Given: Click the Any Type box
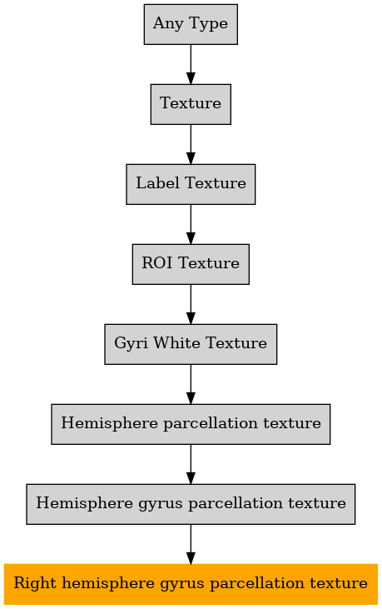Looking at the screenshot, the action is click(191, 24).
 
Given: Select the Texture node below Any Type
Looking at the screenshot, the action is click(191, 104).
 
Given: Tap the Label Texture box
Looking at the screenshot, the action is click(191, 184).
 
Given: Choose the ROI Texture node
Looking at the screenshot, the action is click(191, 264).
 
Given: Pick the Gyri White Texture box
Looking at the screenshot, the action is click(191, 344).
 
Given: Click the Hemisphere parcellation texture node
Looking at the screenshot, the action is click(191, 424).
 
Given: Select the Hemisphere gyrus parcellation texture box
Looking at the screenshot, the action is click(191, 504).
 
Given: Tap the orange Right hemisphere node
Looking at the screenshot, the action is click(191, 584).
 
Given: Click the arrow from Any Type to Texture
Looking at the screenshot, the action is click(191, 64).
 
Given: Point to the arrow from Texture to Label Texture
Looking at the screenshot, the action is click(191, 144).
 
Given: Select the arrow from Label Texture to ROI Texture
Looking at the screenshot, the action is click(191, 224).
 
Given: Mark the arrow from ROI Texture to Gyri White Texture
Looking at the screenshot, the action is click(191, 305).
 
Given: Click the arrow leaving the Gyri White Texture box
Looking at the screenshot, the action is click(191, 385).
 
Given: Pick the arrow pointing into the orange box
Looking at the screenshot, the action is click(191, 544).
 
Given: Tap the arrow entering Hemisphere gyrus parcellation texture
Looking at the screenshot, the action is click(191, 465).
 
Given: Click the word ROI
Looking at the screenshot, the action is click(156, 263).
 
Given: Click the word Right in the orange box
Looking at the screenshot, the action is click(35, 584).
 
